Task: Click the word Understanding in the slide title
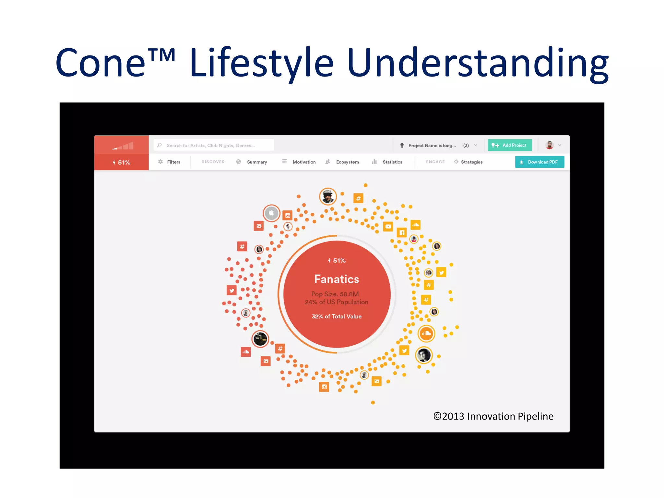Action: [477, 63]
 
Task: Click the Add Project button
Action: [510, 145]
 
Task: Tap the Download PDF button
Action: [539, 162]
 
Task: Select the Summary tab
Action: [256, 162]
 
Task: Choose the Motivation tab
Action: [304, 162]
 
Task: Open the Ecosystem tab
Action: [347, 162]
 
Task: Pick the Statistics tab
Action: [392, 162]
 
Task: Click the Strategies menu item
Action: [471, 162]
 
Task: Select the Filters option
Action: [173, 162]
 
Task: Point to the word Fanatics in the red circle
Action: [337, 279]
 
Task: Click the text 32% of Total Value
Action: [337, 316]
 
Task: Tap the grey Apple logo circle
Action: [271, 213]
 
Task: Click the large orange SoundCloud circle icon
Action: [426, 333]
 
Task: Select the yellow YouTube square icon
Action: [388, 226]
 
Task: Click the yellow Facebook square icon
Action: [402, 232]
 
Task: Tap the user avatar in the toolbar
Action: [550, 145]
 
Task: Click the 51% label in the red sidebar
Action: [122, 162]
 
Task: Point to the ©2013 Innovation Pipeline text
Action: [493, 416]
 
